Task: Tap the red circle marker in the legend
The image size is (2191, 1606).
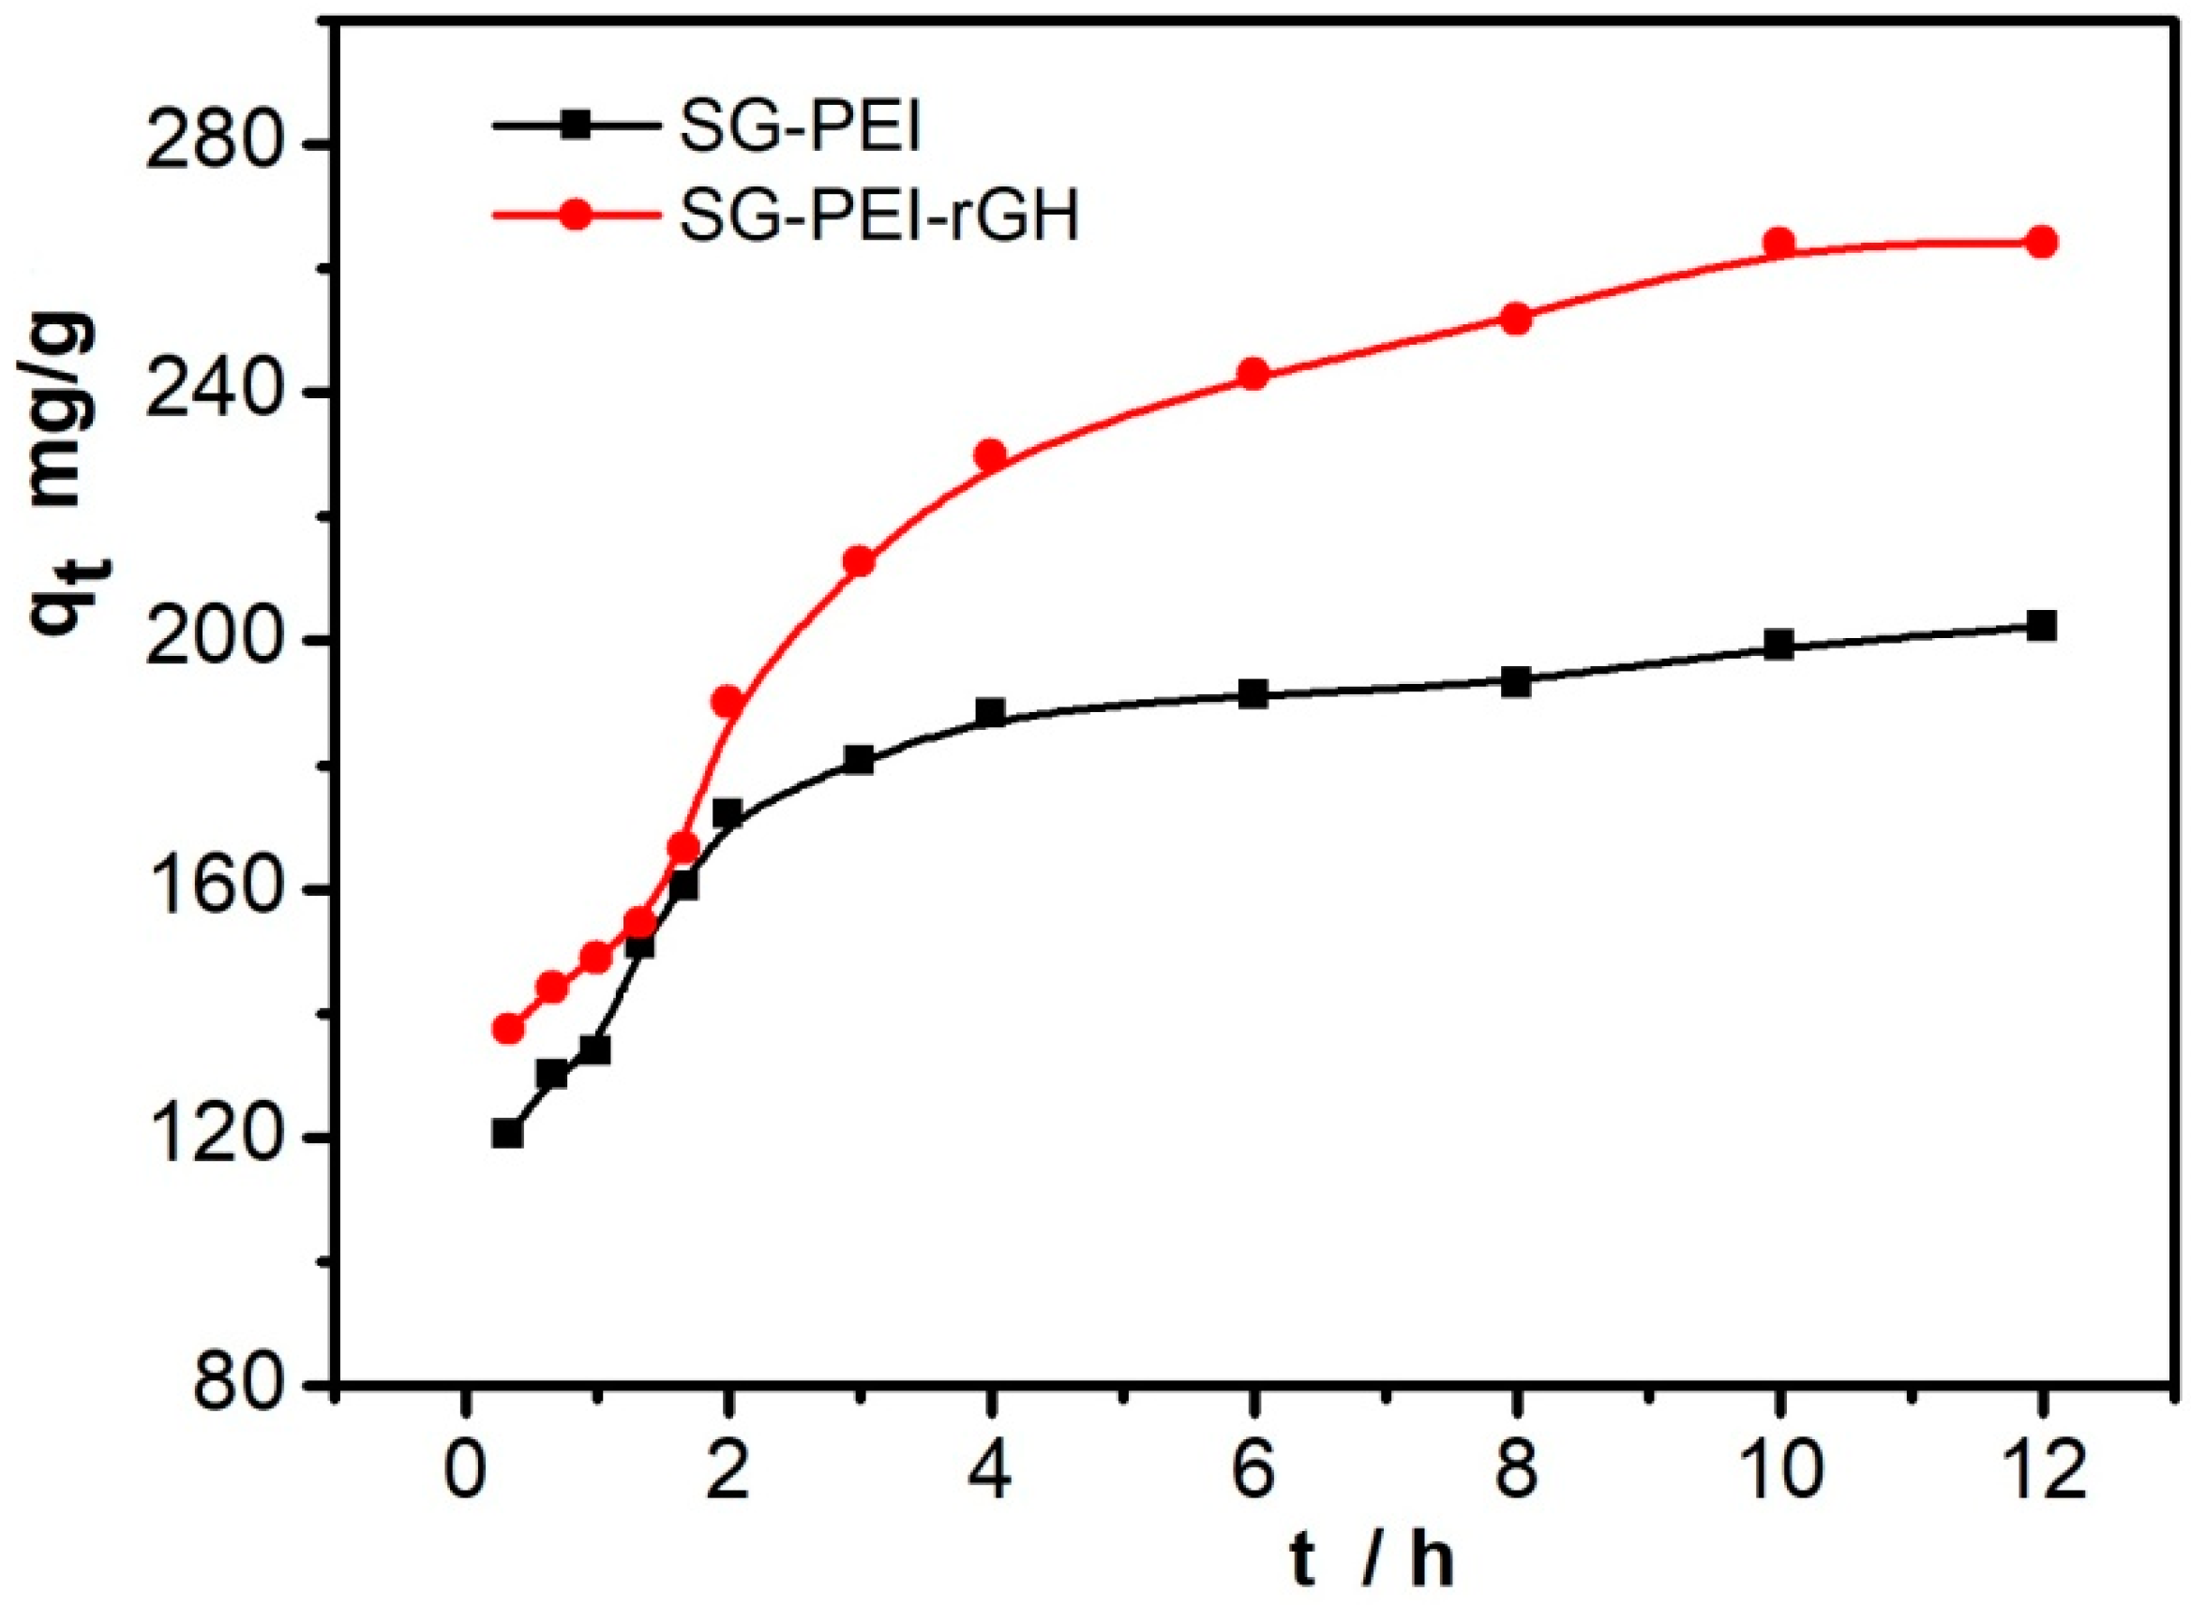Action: coord(576,215)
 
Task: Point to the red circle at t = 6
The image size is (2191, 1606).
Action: coord(1254,374)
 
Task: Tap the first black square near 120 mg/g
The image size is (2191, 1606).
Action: coord(507,1135)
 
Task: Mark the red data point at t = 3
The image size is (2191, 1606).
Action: coord(858,562)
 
